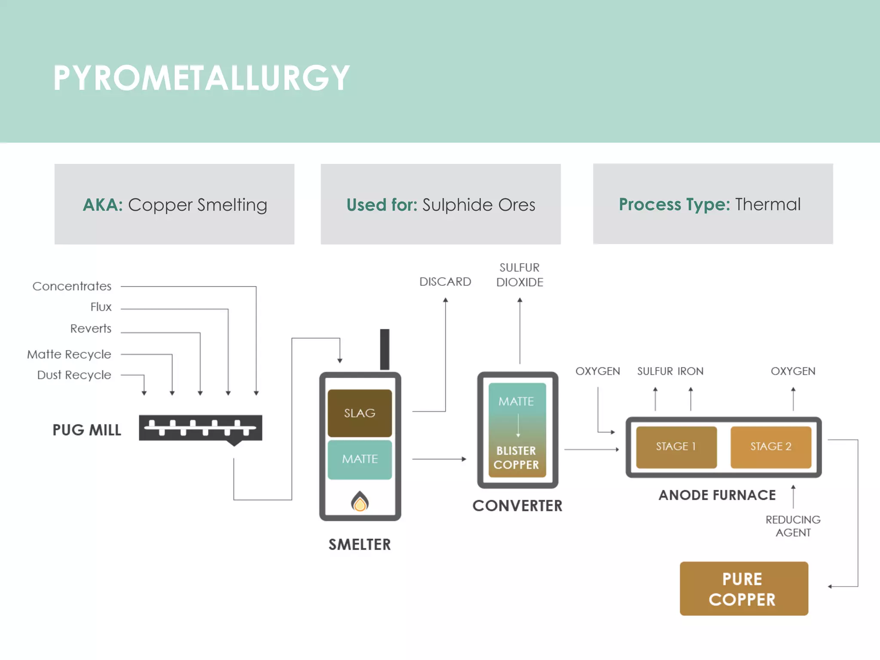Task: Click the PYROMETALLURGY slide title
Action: point(201,78)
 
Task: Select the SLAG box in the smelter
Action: point(360,413)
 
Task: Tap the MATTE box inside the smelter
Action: point(360,459)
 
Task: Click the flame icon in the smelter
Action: point(360,501)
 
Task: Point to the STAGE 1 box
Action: point(676,447)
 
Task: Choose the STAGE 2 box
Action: point(771,447)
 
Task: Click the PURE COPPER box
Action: point(743,589)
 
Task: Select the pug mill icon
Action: point(201,428)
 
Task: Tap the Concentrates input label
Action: point(72,286)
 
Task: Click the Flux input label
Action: point(101,307)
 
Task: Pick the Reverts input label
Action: point(91,329)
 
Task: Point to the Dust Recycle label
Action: point(74,375)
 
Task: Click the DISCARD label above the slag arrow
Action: point(445,282)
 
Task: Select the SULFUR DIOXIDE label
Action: point(519,275)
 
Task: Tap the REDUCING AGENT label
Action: point(793,526)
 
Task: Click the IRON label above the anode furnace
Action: point(691,371)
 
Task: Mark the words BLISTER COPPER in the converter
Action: point(516,458)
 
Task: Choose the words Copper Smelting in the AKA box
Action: point(198,205)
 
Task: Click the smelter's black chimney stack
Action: point(385,349)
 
